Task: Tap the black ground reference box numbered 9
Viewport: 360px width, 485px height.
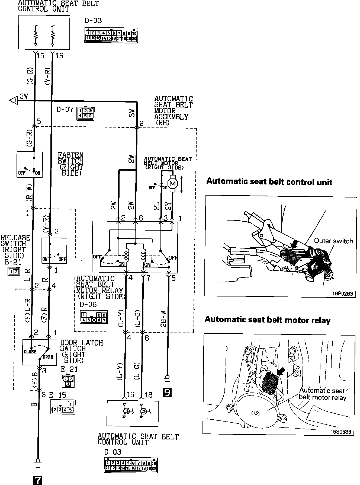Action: (x=167, y=393)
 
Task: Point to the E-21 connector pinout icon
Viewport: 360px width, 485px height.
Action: (x=68, y=381)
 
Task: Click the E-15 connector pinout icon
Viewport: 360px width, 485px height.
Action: (x=63, y=407)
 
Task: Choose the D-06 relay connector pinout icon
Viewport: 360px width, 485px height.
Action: (x=94, y=317)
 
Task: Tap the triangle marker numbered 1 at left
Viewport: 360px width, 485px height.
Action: (x=13, y=101)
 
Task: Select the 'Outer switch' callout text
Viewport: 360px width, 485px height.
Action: (x=333, y=241)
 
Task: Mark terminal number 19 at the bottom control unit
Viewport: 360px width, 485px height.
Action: (x=130, y=394)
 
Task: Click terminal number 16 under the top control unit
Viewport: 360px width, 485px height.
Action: (x=59, y=56)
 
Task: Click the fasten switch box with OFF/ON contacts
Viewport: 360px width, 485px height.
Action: (x=30, y=164)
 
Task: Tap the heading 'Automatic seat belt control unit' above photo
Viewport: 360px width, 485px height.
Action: (x=269, y=181)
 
